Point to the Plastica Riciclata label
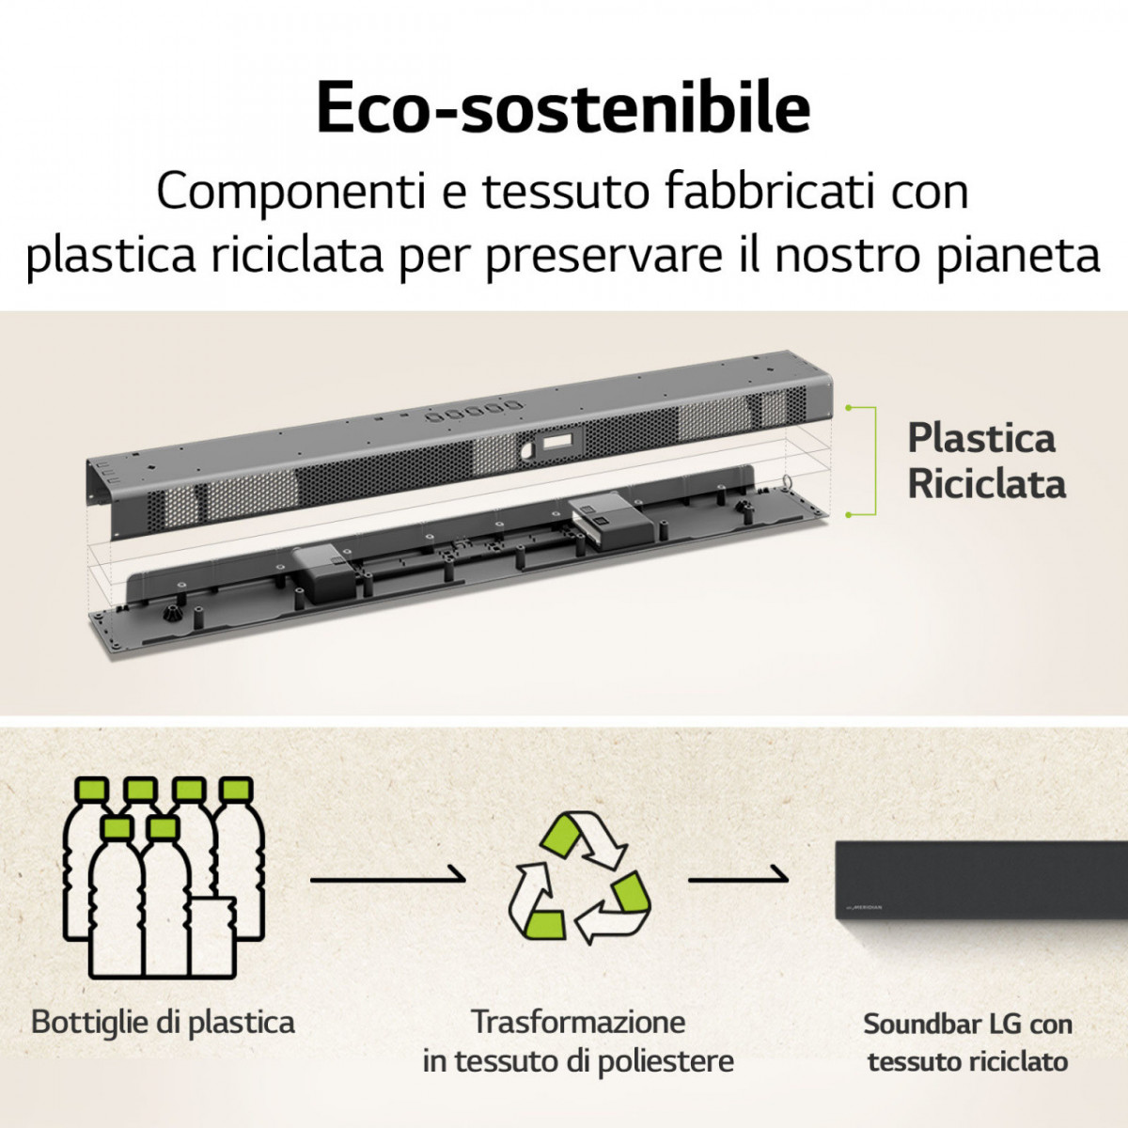985,462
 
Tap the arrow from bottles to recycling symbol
387,877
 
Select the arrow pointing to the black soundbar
739,877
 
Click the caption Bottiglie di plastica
163,1022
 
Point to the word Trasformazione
578,1022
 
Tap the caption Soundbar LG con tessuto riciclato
967,1042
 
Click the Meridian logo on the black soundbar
865,907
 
